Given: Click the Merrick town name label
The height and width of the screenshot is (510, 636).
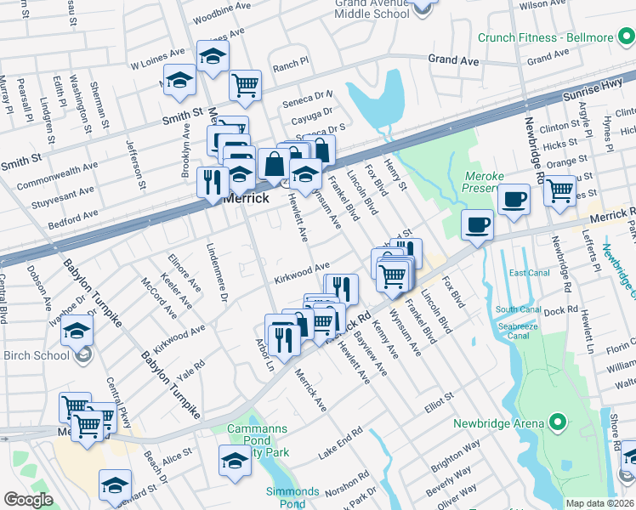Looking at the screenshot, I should point(246,198).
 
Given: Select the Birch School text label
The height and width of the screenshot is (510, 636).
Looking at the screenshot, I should point(36,355).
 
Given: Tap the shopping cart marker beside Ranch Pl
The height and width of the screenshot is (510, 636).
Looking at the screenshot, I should point(245,84).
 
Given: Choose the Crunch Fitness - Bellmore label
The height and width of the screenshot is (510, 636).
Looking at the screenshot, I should point(556,38).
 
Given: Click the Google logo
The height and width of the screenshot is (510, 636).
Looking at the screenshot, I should point(28,499).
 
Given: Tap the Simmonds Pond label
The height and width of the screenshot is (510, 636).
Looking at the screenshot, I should point(292,498).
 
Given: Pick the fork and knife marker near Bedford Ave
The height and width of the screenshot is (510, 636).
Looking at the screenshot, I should point(212,181).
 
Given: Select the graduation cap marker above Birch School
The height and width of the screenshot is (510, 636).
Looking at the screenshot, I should point(77,329).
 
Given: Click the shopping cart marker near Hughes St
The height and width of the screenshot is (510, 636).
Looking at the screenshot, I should point(559,190).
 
